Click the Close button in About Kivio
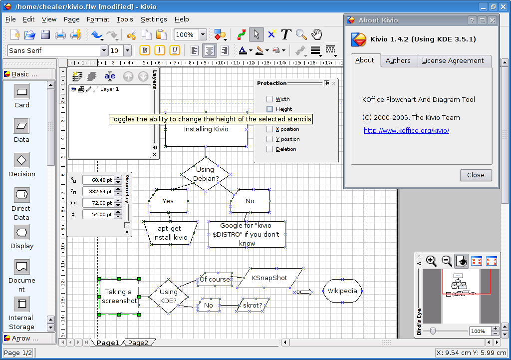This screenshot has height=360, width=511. coord(476,175)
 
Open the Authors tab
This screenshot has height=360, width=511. coord(398,60)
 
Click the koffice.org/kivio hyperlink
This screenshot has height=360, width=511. coord(406,130)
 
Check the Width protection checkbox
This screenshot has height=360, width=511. coord(269,99)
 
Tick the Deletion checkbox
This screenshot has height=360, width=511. coord(269,149)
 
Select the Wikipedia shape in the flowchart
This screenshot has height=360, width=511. coord(342,291)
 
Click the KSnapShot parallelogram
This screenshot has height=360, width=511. coord(270,278)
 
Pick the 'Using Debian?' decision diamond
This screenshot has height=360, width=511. coord(206,174)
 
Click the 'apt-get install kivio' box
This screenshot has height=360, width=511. coord(170,233)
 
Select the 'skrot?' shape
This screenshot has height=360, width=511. coord(253,306)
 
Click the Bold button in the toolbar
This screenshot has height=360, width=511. coord(145,50)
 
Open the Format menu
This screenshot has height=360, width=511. coord(98,19)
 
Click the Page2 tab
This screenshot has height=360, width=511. coord(138,343)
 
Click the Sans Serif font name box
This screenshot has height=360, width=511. coord(54,50)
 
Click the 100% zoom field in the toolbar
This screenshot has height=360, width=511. coord(187,34)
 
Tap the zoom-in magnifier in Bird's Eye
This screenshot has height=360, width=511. coord(431,261)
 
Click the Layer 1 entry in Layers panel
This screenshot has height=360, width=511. coord(109,89)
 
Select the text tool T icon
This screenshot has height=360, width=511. coord(286,34)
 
